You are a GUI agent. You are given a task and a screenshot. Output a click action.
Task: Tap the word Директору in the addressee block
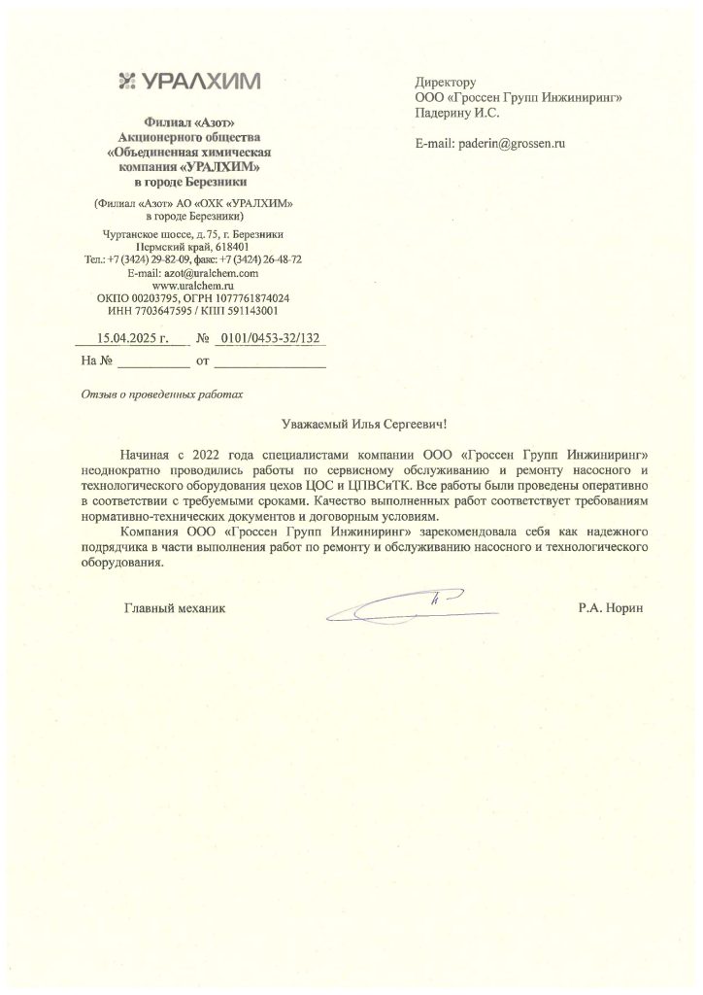coord(445,82)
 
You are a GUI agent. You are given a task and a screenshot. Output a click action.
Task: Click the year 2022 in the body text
coord(215,455)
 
